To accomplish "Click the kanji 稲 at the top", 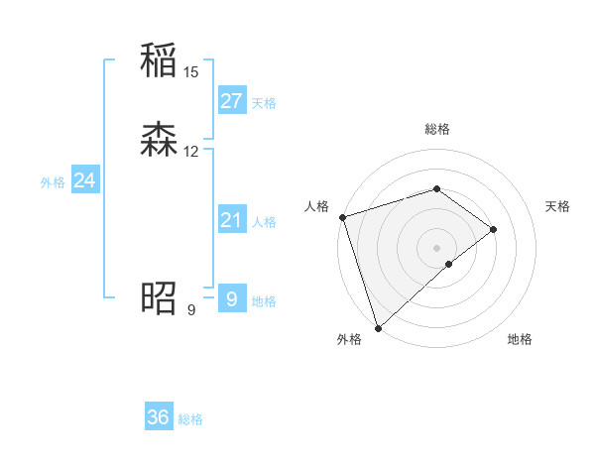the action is [159, 62].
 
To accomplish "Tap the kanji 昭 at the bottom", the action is [159, 297].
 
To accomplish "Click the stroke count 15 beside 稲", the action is [191, 72].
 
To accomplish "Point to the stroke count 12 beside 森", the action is [191, 152].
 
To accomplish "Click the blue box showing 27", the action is [231, 101].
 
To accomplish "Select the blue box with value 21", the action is [231, 220].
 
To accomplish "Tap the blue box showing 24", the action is [85, 180].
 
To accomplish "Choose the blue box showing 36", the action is [159, 417].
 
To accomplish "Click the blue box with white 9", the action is [231, 298].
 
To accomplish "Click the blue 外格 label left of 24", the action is [53, 182].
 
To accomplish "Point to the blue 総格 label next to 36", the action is [190, 419].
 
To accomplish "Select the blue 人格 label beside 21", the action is [265, 222].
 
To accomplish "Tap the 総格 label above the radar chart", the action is [436, 129].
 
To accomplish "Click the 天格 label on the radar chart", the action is [558, 206].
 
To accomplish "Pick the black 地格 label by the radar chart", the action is [520, 339].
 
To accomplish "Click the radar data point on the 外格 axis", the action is [378, 327].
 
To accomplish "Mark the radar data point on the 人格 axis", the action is [341, 217].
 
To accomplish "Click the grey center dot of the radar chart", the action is [436, 247].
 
